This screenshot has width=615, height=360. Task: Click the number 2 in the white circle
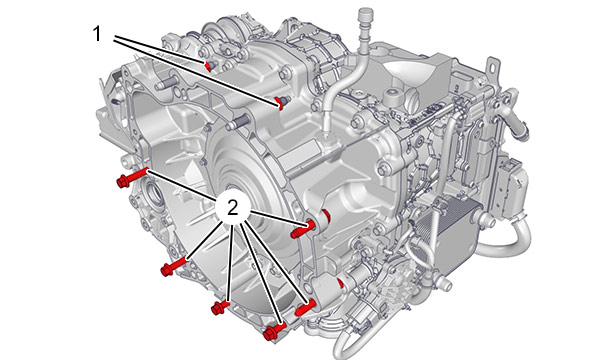click(233, 207)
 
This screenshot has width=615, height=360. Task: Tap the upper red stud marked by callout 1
click(208, 66)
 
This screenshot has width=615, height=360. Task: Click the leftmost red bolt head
click(123, 182)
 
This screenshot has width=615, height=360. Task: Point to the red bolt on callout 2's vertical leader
click(220, 307)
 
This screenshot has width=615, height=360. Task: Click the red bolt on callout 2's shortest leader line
click(302, 230)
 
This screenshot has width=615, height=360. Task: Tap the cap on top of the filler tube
click(365, 17)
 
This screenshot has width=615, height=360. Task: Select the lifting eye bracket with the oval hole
click(492, 68)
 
